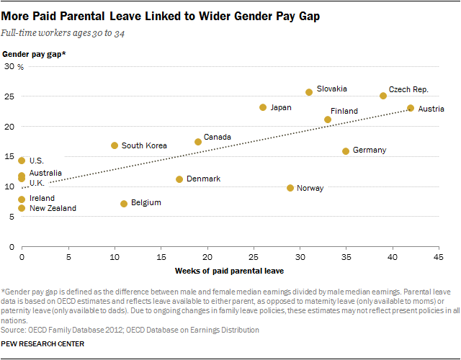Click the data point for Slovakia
(x=309, y=92)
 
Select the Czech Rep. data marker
(x=383, y=96)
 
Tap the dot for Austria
(x=411, y=108)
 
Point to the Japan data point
(x=263, y=107)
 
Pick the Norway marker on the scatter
(x=290, y=188)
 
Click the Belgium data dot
(x=124, y=204)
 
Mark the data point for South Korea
(x=115, y=145)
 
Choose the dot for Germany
(x=346, y=151)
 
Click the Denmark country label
(x=203, y=179)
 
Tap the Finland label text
(x=344, y=111)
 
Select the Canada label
(x=217, y=137)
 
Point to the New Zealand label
(x=53, y=208)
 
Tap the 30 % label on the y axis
(x=16, y=66)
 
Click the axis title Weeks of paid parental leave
(x=230, y=271)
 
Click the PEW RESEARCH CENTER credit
(x=43, y=344)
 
